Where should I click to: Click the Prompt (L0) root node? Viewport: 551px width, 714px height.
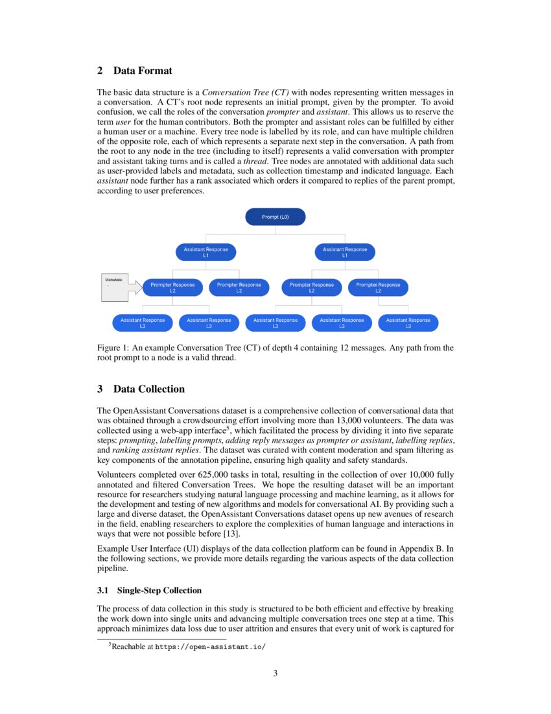(x=275, y=217)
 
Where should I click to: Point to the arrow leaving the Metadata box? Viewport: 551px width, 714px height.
(x=135, y=287)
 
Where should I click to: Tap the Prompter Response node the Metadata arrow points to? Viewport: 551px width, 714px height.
(x=173, y=288)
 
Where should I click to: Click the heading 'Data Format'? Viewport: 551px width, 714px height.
(x=143, y=70)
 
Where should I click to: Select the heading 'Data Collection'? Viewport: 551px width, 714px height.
(x=148, y=389)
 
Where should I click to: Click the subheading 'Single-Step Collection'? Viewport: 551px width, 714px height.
(x=159, y=590)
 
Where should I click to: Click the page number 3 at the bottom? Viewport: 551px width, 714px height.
(x=275, y=673)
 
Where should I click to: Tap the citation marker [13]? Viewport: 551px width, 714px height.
(x=231, y=534)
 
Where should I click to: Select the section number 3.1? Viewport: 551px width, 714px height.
(x=103, y=590)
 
